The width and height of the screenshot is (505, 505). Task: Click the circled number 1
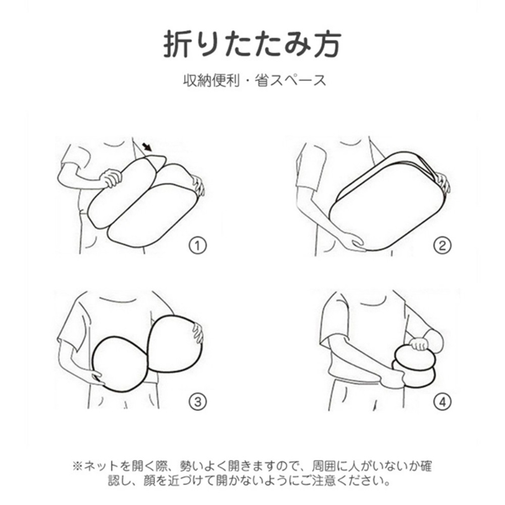point(198,246)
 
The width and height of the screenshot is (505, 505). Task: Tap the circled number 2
point(442,246)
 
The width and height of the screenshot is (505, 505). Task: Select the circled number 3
point(198,401)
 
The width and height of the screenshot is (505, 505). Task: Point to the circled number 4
point(442,401)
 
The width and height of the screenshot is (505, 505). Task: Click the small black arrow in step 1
point(147,147)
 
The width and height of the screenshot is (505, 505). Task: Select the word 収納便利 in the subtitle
point(211,80)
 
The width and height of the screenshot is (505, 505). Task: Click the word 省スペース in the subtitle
point(290,80)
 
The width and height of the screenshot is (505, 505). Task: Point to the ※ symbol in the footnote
point(77,466)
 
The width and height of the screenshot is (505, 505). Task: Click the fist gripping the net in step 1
point(111,178)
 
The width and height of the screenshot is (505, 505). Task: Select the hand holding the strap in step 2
point(444,183)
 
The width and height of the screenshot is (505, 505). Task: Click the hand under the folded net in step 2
point(353,242)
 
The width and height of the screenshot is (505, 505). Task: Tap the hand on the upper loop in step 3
point(198,332)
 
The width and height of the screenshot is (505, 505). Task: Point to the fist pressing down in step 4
point(418,343)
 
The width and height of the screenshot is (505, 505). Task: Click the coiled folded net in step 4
point(414,366)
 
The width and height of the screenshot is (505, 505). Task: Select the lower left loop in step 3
point(93,364)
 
